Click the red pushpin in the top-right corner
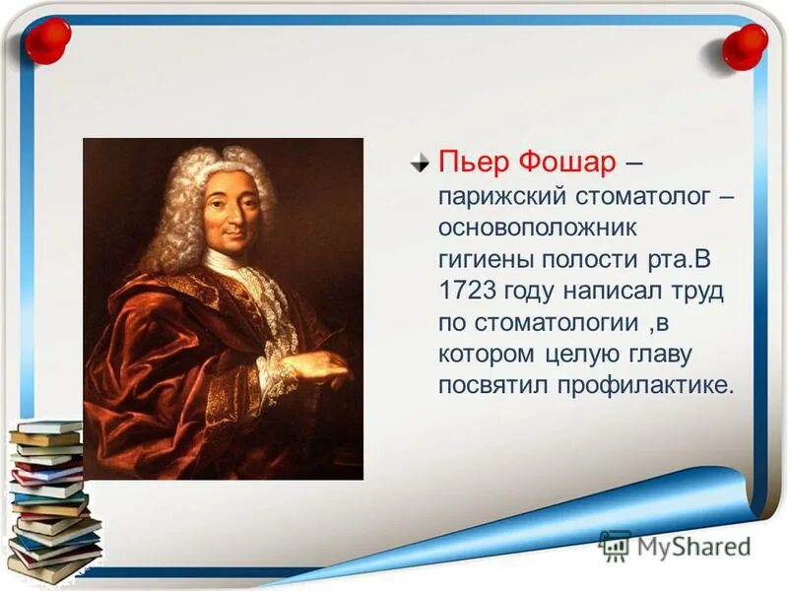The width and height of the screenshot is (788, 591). [744, 45]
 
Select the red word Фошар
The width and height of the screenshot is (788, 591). [570, 162]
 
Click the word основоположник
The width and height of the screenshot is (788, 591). [539, 228]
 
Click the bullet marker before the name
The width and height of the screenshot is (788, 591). [421, 162]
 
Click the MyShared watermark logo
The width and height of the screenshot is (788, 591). [675, 545]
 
